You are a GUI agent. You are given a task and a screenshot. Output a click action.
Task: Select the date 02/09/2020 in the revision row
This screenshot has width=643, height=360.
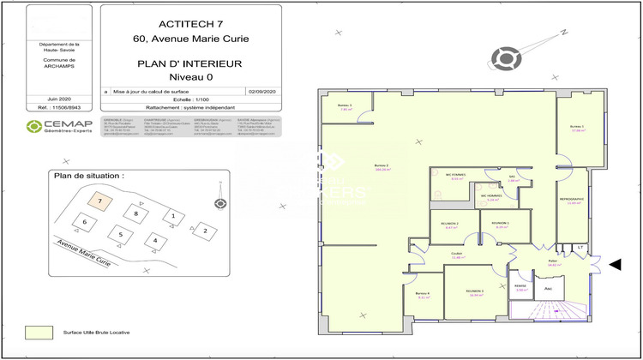coord(261,90)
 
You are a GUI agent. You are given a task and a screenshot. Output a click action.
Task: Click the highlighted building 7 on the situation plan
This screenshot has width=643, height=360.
coord(100,201)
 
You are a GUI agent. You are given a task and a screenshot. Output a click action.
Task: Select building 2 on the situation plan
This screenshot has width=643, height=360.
coord(204,230)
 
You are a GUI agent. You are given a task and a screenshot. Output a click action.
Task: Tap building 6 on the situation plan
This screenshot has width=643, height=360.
coord(84,221)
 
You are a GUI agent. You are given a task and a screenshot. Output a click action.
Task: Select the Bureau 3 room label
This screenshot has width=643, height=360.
coord(346,105)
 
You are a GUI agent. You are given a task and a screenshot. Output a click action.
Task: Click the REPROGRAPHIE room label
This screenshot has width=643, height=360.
coord(571,199)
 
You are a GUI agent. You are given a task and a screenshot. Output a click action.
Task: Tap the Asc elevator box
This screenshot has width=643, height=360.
coord(549,289)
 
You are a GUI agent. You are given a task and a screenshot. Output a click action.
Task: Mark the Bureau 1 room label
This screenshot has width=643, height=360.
coord(577,127)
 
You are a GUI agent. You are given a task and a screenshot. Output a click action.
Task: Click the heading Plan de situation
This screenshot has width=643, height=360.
coord(89,175)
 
